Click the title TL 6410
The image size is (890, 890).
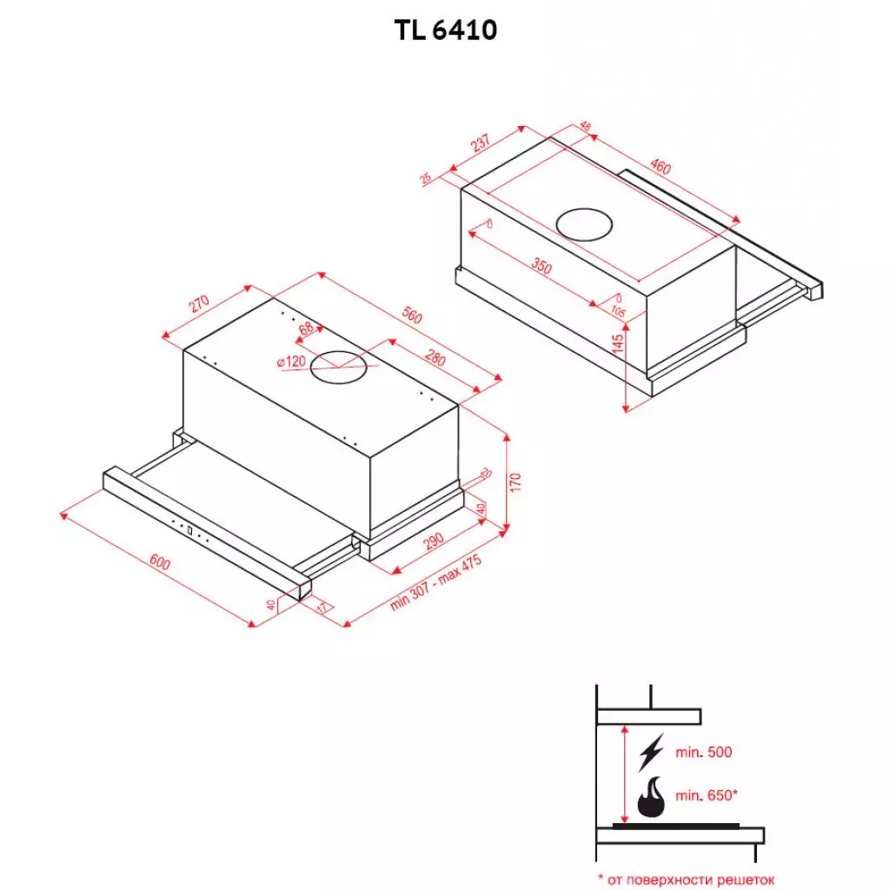coord(445,30)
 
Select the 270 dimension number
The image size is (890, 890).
coord(200,303)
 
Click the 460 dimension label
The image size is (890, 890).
coord(661,168)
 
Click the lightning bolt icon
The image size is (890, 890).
coord(649,752)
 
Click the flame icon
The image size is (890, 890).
coord(653,797)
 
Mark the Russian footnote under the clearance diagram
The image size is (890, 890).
coord(685,880)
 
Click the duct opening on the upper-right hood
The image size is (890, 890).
coord(584,224)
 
